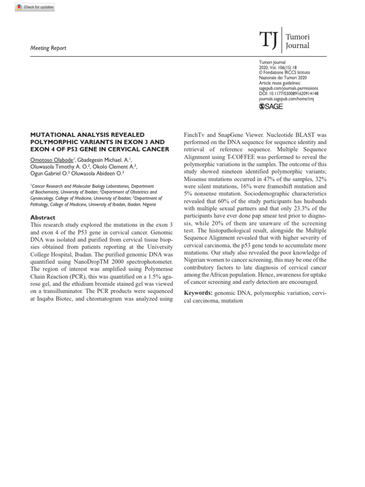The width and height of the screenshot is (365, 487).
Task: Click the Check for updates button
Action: (35, 7)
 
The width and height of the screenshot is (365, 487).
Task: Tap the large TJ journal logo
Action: (269, 41)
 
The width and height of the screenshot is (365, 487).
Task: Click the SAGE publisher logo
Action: (271, 107)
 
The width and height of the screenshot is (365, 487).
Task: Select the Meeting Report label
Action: (48, 48)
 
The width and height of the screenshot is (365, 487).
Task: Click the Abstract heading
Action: (43, 217)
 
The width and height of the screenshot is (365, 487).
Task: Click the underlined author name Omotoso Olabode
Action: (51, 160)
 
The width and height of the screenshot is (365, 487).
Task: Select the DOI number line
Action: (288, 94)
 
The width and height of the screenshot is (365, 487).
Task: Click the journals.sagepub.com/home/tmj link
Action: (286, 99)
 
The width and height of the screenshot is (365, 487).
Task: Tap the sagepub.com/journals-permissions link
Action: (288, 88)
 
